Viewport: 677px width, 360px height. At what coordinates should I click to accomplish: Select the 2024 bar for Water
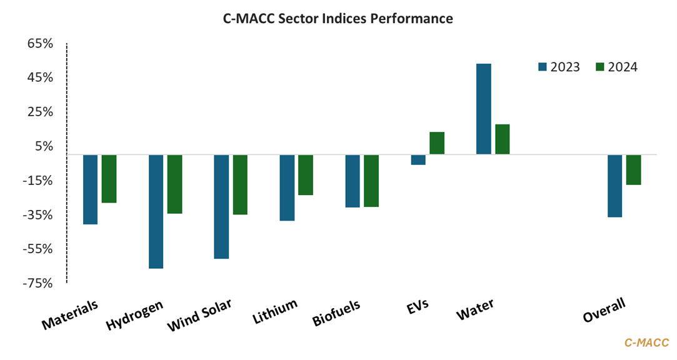tap(503, 139)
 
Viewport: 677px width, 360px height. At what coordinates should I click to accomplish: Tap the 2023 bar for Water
tap(484, 109)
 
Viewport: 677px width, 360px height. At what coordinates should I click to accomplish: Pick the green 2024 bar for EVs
tap(437, 143)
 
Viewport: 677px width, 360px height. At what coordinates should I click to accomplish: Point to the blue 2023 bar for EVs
tap(418, 159)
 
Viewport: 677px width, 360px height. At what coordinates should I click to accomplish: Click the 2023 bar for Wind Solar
tap(221, 206)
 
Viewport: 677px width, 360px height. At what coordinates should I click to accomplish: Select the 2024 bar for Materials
tap(109, 179)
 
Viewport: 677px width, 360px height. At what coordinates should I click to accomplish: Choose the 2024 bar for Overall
tap(634, 169)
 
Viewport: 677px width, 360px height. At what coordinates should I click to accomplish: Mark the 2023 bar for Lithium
tap(287, 187)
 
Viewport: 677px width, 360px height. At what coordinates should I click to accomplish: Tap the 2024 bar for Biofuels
tap(371, 181)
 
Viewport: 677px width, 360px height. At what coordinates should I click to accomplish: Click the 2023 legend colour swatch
tap(542, 67)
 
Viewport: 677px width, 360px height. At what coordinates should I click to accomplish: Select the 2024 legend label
tap(623, 67)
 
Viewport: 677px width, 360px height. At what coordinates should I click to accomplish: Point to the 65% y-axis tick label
tap(40, 44)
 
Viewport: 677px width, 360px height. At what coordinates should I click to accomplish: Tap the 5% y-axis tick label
tap(44, 146)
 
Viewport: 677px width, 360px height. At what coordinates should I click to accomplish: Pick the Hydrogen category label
tap(134, 315)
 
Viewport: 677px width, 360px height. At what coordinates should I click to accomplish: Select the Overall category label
tap(604, 311)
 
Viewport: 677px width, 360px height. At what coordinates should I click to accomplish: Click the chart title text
tap(338, 19)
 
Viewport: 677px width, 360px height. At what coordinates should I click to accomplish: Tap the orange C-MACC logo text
tap(647, 342)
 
